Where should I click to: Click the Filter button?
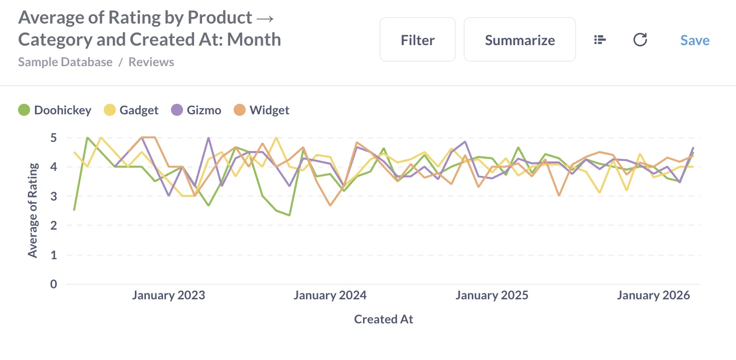(x=417, y=40)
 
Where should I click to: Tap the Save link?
(x=695, y=40)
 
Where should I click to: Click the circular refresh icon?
(x=640, y=40)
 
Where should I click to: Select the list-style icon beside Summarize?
(x=600, y=40)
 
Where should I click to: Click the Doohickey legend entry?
(x=55, y=110)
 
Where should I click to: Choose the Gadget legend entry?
(x=131, y=110)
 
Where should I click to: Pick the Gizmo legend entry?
(x=197, y=110)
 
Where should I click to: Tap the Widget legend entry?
(x=262, y=110)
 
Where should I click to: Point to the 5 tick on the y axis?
(x=54, y=138)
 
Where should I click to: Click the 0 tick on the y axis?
(x=54, y=284)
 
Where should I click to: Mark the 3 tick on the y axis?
(x=54, y=197)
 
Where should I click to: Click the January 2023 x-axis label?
(x=168, y=295)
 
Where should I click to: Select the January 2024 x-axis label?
(x=330, y=295)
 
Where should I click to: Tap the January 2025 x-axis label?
(x=492, y=295)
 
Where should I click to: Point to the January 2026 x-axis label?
(x=653, y=295)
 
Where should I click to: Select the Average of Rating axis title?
(x=33, y=211)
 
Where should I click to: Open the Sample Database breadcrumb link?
(x=65, y=62)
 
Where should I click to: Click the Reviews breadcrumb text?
(x=151, y=62)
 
